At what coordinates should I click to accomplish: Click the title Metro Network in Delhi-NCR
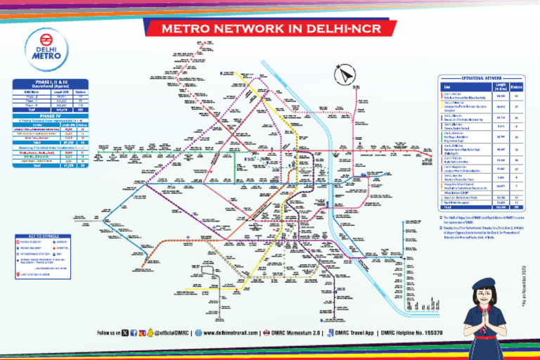[269, 30]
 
